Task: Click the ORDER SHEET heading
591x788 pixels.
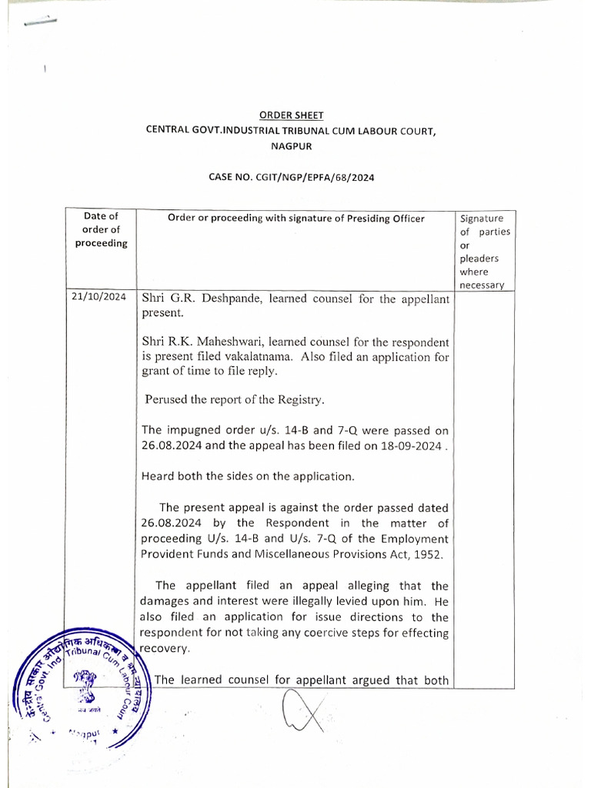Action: click(291, 115)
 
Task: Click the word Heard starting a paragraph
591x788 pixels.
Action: click(158, 476)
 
